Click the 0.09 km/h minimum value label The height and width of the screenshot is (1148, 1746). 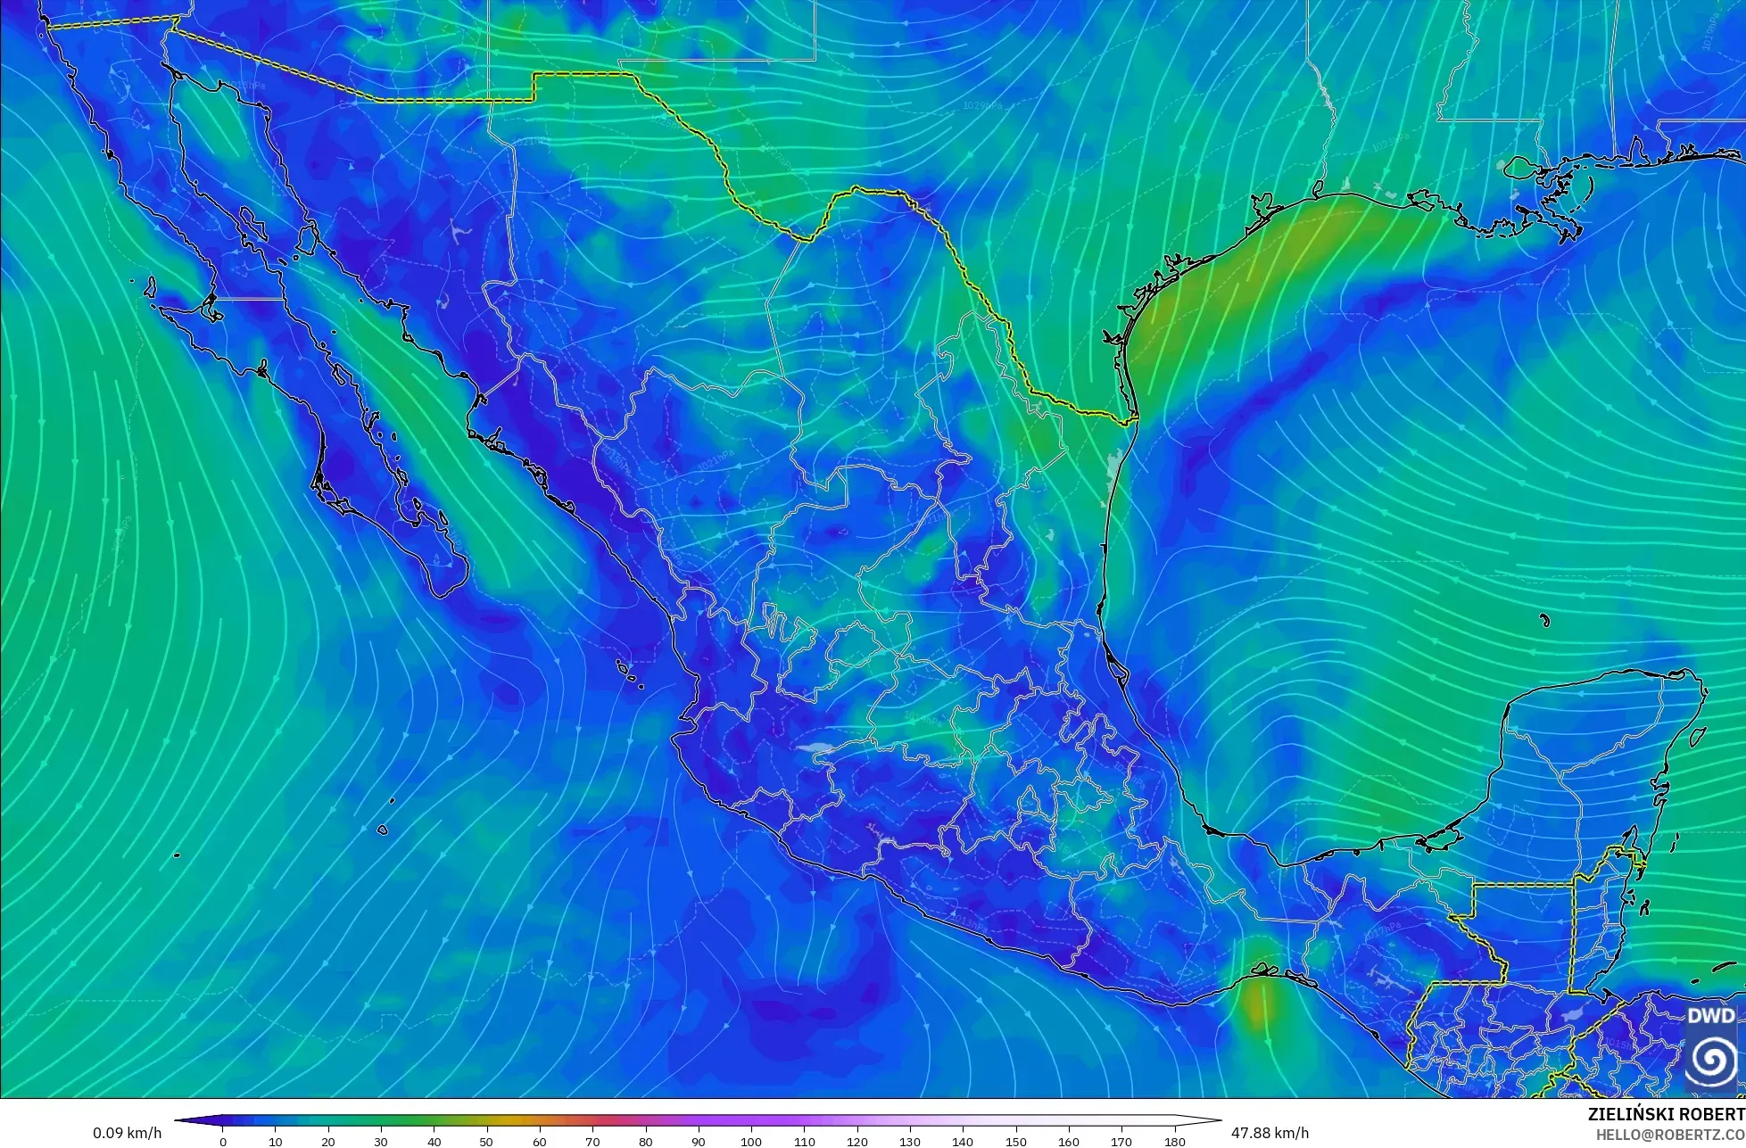pos(128,1133)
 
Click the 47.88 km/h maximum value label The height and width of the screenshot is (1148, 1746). pos(1270,1133)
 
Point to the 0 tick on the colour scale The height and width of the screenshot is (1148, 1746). pos(223,1142)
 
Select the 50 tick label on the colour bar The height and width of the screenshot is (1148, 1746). pos(487,1142)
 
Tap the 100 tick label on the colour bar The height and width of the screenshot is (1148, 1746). pos(751,1142)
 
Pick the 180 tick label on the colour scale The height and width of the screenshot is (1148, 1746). pos(1174,1142)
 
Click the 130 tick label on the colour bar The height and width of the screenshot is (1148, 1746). pos(910,1142)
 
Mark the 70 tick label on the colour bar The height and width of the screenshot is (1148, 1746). pos(592,1142)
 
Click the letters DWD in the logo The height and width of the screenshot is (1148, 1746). pos(1711,1016)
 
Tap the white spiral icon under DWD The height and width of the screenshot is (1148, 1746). pos(1711,1060)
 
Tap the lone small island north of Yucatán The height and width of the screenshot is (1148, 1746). pos(1544,620)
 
